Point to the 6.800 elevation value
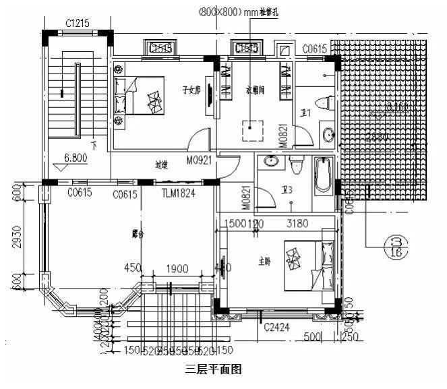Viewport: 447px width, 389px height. point(76,158)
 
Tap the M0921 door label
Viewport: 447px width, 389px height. point(199,160)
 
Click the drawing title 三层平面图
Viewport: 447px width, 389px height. point(212,369)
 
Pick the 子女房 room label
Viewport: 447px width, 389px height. point(191,89)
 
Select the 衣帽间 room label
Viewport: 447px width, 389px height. point(254,89)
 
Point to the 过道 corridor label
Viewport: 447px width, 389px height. point(160,164)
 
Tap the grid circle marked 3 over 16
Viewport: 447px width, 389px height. point(395,246)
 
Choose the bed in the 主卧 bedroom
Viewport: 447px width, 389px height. point(307,266)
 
